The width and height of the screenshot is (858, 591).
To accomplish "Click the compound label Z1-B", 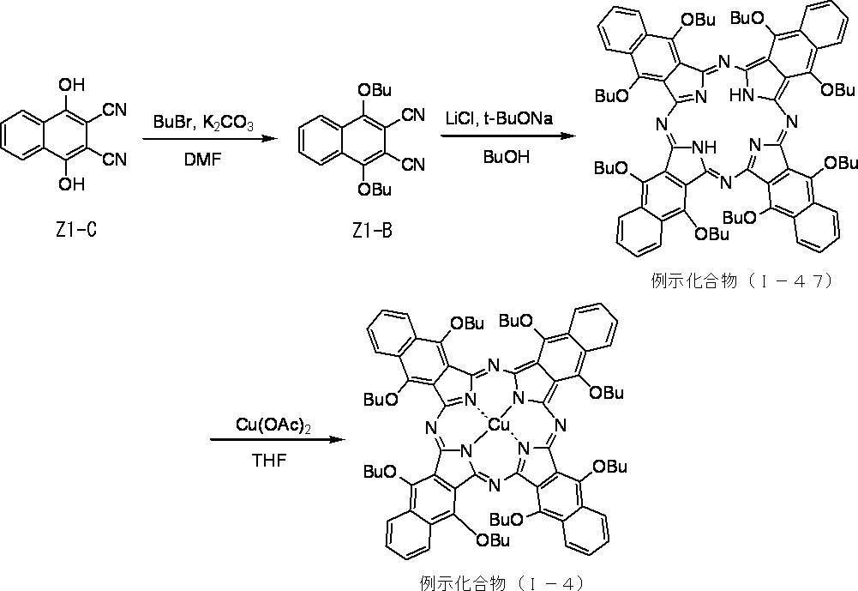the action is tap(372, 231).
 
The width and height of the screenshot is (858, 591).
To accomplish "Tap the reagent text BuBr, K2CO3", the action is tap(203, 123).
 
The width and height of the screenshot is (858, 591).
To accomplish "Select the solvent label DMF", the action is tap(203, 160).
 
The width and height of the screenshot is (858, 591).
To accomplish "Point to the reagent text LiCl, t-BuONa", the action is tap(499, 119).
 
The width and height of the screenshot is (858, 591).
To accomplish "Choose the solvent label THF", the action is tap(270, 461).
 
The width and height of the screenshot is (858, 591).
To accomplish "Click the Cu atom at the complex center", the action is tap(499, 425).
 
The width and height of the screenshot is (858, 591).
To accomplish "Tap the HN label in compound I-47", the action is tap(741, 96).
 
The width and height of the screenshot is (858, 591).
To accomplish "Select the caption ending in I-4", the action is tap(501, 582).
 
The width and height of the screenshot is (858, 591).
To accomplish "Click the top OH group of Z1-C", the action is tap(72, 85).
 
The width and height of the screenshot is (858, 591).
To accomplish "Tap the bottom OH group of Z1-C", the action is tap(72, 184).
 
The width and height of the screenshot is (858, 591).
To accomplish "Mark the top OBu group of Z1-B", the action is tap(375, 90).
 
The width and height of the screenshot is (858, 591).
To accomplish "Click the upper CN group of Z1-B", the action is tap(413, 115).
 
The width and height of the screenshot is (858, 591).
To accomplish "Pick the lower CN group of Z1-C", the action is tap(115, 160).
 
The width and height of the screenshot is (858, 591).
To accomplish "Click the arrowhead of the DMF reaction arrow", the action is tap(267, 139).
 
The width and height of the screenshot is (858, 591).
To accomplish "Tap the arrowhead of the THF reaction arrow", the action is tap(339, 439).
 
